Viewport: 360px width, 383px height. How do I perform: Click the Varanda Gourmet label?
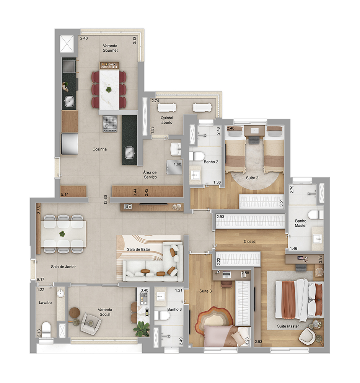pyautogui.click(x=110, y=48)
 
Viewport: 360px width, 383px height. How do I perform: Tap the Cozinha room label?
pyautogui.click(x=99, y=149)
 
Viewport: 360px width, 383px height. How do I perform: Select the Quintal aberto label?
pyautogui.click(x=167, y=120)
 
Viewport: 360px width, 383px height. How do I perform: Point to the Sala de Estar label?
pyautogui.click(x=138, y=249)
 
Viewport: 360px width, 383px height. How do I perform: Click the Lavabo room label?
pyautogui.click(x=46, y=303)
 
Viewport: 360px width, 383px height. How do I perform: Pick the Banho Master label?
pyautogui.click(x=301, y=223)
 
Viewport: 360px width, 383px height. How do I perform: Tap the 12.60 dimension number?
pyautogui.click(x=106, y=200)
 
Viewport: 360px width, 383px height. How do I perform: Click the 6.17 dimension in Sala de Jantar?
pyautogui.click(x=41, y=279)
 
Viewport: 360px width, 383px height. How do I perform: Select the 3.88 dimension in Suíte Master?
pyautogui.click(x=320, y=259)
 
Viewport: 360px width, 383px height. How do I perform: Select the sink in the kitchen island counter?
pyautogui.click(x=130, y=152)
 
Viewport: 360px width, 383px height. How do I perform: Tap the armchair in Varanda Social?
pyautogui.click(x=91, y=324)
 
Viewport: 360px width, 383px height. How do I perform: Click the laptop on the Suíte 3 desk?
pyautogui.click(x=227, y=275)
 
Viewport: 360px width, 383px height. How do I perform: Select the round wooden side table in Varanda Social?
pyautogui.click(x=75, y=313)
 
